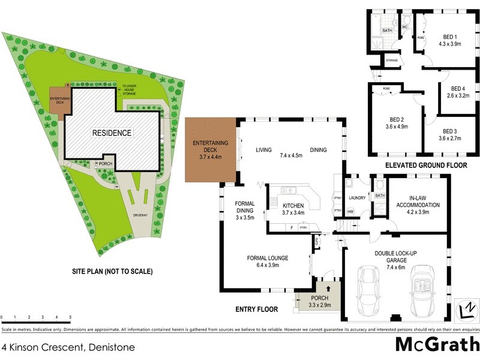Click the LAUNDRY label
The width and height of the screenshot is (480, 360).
tap(358, 197)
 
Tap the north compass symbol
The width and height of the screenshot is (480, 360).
tap(464, 306)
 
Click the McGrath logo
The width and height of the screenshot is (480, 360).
tap(436, 344)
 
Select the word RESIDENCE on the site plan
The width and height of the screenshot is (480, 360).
tap(111, 133)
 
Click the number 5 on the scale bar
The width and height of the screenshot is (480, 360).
tap(70, 317)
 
